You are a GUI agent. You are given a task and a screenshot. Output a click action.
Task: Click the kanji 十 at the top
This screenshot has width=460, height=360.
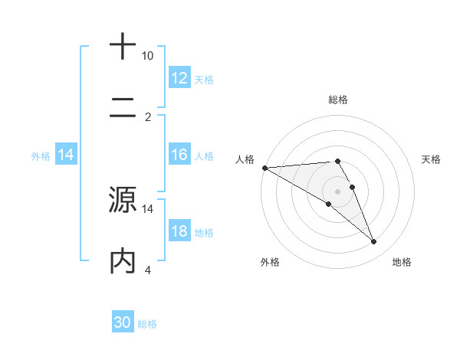(123, 47)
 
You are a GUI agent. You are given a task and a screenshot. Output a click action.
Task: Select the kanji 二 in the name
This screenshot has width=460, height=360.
(123, 108)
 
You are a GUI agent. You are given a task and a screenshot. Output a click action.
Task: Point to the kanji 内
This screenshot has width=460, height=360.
(123, 260)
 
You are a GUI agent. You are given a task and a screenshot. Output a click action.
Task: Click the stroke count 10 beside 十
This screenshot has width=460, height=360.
(148, 56)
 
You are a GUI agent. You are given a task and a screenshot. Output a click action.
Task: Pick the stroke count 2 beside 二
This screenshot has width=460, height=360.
(148, 117)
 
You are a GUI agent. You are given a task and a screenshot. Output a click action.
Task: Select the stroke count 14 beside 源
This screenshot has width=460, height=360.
(148, 208)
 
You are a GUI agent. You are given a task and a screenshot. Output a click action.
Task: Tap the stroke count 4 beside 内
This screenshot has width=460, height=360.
(148, 270)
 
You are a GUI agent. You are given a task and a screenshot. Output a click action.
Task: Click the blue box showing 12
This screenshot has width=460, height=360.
(179, 78)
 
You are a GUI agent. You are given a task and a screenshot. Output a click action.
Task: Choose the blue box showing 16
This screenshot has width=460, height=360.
(179, 155)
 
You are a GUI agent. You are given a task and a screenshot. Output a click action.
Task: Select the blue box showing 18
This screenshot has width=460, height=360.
(179, 231)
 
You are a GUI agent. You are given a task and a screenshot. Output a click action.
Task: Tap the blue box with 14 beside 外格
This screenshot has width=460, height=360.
(66, 155)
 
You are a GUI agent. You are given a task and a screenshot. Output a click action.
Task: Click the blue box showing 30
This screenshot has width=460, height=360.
(123, 322)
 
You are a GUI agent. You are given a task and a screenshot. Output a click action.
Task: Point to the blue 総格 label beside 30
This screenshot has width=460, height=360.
(147, 324)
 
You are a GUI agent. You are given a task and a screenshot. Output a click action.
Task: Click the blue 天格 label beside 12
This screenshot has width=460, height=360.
(204, 80)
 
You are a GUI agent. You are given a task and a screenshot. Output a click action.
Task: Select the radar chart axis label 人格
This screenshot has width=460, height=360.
(245, 159)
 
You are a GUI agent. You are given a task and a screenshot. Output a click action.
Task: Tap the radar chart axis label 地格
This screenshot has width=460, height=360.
(402, 262)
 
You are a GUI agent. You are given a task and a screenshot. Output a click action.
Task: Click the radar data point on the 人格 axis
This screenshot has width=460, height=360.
(264, 168)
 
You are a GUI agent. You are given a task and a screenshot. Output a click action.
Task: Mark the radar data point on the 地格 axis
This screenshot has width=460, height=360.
(374, 242)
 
